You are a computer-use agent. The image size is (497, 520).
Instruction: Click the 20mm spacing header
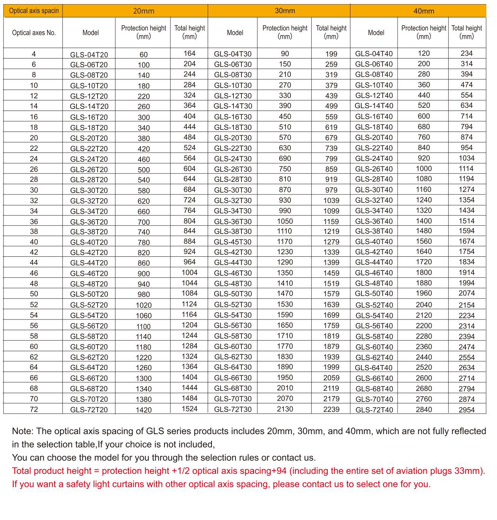click(x=144, y=11)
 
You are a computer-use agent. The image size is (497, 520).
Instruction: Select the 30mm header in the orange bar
click(x=285, y=11)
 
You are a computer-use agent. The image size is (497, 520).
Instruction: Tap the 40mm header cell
click(x=423, y=11)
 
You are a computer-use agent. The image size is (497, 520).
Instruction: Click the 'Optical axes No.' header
click(x=34, y=33)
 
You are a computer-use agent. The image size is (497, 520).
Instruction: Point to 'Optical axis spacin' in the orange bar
click(x=34, y=11)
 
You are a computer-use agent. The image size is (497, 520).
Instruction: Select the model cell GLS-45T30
click(x=232, y=242)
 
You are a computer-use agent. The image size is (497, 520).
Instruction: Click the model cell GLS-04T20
click(x=89, y=54)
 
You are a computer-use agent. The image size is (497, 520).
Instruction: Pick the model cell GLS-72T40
click(x=374, y=410)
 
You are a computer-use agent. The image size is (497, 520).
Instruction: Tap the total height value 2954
click(x=467, y=410)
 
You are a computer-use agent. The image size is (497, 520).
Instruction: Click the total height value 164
click(x=189, y=54)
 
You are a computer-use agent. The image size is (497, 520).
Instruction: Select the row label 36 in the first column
click(x=34, y=221)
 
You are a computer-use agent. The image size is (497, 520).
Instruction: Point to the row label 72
click(x=34, y=409)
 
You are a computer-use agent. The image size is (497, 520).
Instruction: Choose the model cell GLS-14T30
click(x=233, y=106)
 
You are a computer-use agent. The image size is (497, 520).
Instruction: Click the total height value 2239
click(x=331, y=409)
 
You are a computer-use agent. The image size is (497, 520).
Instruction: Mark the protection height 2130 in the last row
click(x=285, y=409)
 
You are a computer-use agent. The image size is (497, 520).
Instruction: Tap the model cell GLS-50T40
click(x=374, y=294)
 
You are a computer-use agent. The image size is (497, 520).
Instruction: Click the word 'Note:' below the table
click(x=23, y=431)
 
